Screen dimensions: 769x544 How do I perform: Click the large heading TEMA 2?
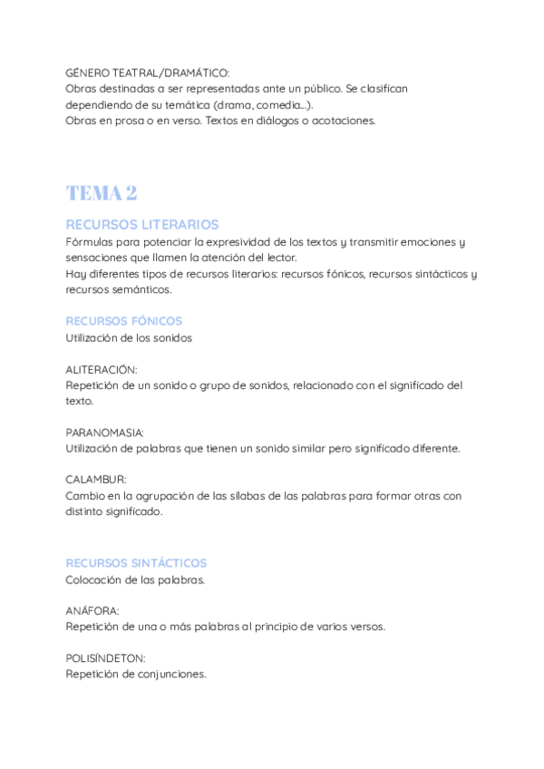102,193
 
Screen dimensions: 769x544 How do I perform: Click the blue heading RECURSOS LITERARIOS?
142,224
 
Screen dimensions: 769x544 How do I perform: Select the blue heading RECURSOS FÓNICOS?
124,321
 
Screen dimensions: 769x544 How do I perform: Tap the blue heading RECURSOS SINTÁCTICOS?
136,563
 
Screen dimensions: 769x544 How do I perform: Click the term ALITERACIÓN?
102,370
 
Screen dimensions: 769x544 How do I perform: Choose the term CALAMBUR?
96,479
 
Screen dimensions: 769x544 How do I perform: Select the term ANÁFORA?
92,611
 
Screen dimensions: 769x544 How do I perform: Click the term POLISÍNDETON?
105,658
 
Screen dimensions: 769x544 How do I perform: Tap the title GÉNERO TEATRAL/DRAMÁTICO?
149,73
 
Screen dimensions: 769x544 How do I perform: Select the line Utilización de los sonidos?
129,337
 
